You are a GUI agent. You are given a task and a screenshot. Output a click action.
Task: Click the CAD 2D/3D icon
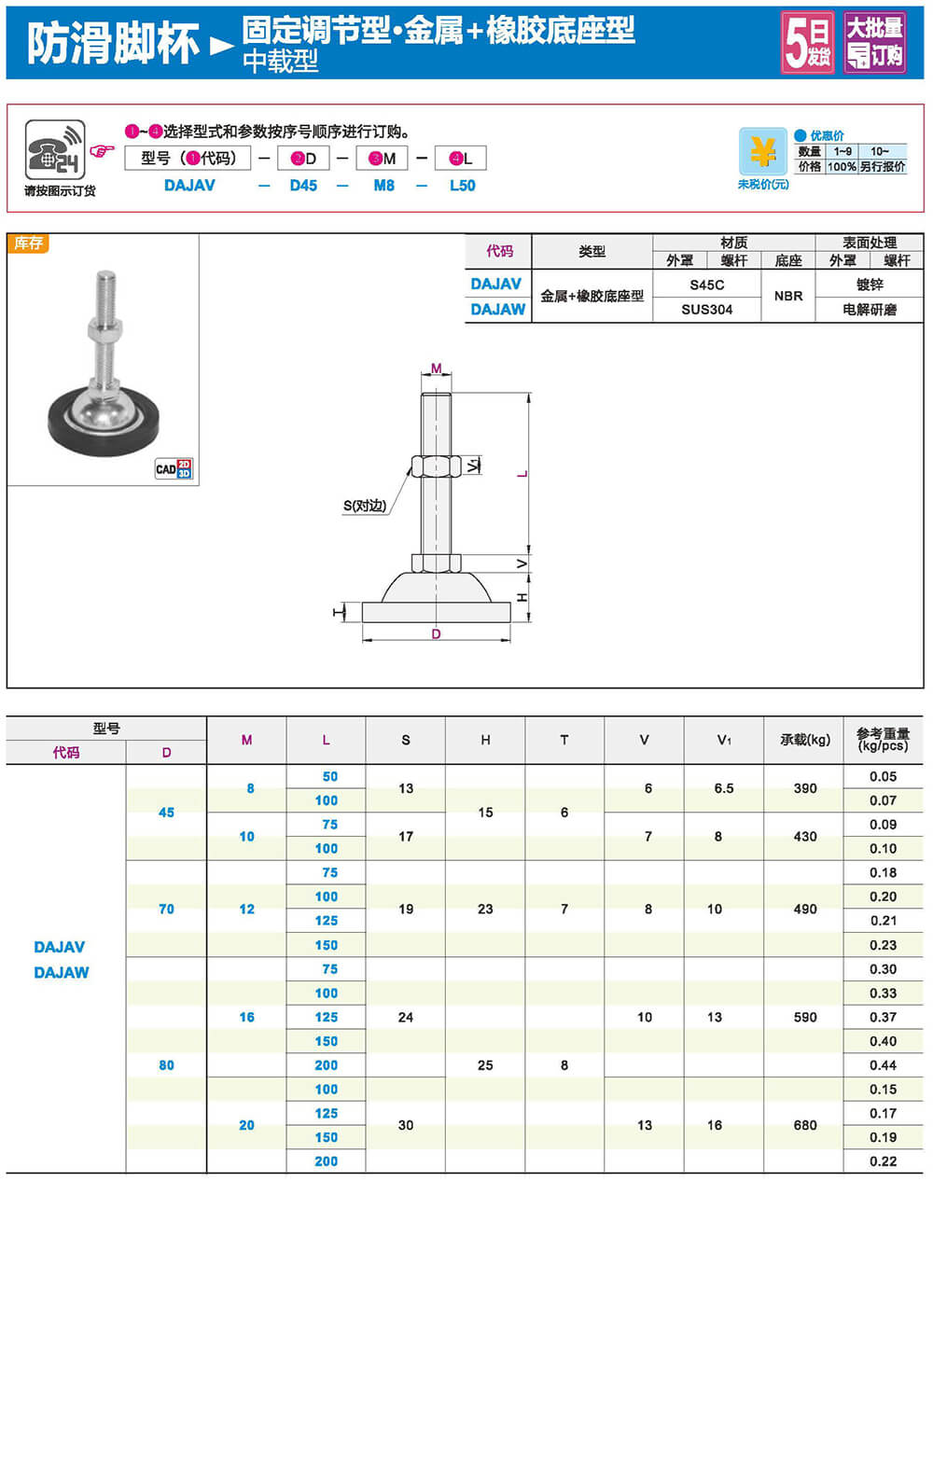click(x=174, y=468)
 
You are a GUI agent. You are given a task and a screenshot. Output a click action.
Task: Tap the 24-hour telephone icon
click(x=54, y=149)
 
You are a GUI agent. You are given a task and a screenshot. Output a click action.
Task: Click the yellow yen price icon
click(x=762, y=151)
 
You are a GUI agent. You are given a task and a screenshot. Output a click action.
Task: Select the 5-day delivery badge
click(x=807, y=43)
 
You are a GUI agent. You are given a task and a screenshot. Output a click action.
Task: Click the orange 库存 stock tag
click(x=28, y=243)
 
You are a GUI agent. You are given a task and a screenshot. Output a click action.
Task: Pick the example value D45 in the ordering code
click(x=303, y=186)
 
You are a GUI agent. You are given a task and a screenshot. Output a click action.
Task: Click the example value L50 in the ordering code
click(x=462, y=186)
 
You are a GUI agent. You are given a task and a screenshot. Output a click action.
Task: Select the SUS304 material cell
click(x=706, y=310)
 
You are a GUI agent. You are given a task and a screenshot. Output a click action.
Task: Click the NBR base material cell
click(x=788, y=296)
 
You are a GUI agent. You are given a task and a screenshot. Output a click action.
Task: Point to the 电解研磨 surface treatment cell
click(x=869, y=310)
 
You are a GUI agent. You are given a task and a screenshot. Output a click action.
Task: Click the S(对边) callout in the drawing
click(x=365, y=506)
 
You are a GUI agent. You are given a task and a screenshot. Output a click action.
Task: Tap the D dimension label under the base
click(x=436, y=634)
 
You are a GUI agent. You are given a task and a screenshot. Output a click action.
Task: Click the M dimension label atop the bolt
click(x=436, y=368)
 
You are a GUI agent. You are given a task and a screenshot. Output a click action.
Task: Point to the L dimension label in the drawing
click(x=522, y=474)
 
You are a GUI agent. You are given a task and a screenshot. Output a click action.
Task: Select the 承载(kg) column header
click(x=804, y=740)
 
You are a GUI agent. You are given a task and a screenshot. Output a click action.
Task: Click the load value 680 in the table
click(x=804, y=1125)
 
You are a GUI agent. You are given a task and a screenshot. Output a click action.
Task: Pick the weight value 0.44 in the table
click(x=883, y=1065)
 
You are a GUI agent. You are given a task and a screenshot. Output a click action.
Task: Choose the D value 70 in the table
click(x=166, y=909)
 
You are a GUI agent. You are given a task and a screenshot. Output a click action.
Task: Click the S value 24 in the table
click(x=405, y=1017)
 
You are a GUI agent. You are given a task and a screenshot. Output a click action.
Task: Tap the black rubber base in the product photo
click(x=103, y=437)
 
